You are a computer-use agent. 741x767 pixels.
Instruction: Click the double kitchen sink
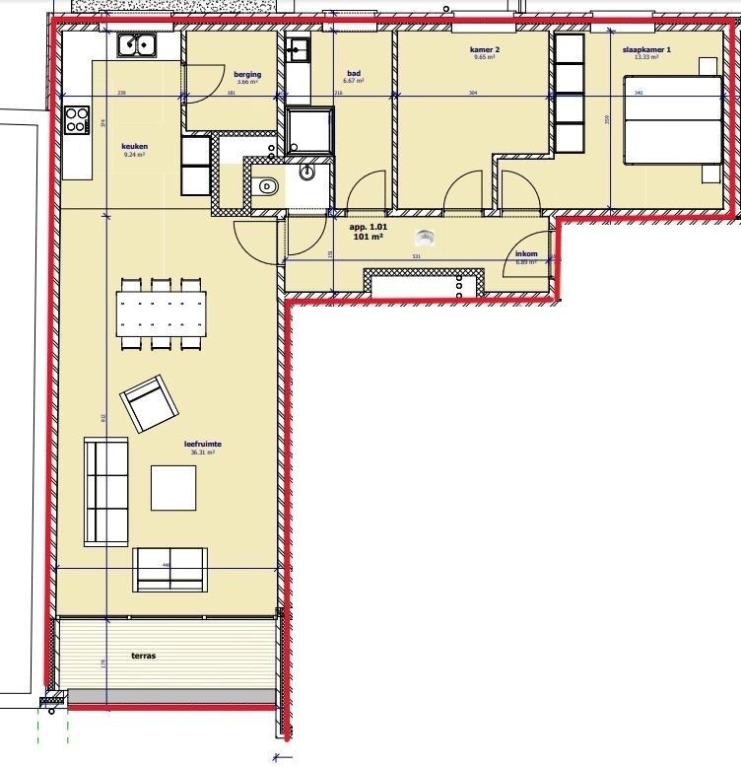click(x=138, y=44)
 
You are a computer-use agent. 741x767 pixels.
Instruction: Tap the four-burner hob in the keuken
click(x=76, y=120)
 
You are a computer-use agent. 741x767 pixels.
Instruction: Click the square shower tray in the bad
click(x=307, y=131)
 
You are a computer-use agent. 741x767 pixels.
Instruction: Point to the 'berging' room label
click(x=246, y=75)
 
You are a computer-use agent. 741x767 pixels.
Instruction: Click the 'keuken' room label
click(x=134, y=145)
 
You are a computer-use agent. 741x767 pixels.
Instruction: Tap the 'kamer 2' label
click(x=484, y=49)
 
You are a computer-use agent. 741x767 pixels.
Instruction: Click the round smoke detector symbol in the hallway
click(x=426, y=236)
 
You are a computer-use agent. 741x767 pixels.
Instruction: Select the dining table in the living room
click(x=163, y=314)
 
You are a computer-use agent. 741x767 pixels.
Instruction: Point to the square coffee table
click(x=173, y=487)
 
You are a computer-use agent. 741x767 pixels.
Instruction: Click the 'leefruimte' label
click(x=202, y=445)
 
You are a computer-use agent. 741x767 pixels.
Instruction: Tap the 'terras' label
click(x=144, y=655)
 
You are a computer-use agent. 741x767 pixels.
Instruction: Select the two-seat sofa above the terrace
click(x=169, y=569)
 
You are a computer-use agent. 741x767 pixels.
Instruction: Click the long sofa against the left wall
click(x=105, y=491)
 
